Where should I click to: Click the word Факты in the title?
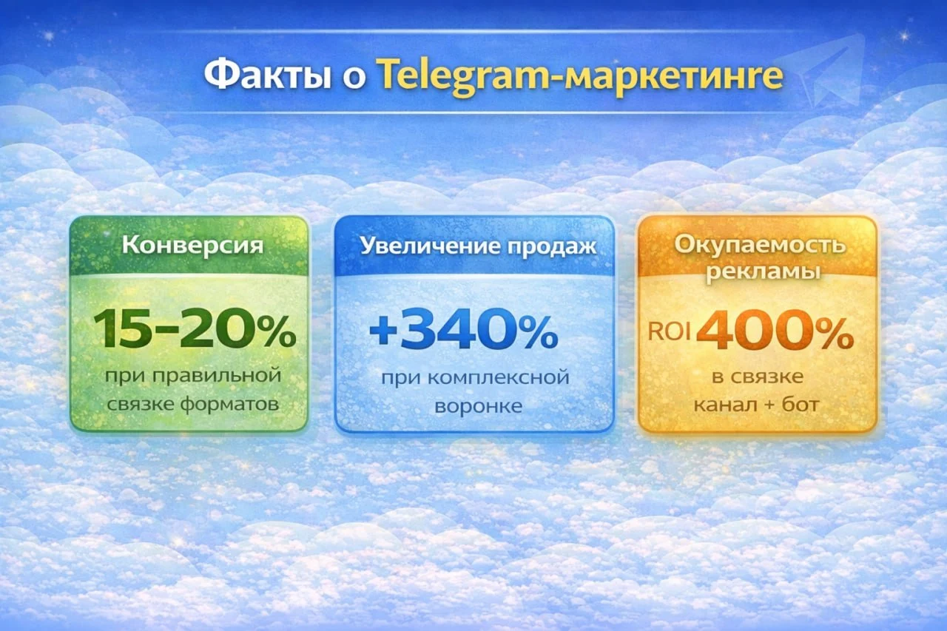click(266, 76)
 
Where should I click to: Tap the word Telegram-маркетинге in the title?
click(579, 77)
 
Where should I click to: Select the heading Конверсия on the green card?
click(192, 245)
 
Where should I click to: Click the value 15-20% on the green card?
click(195, 331)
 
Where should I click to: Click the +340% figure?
click(462, 332)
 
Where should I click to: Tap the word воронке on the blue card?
click(473, 406)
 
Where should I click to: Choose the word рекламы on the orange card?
click(762, 271)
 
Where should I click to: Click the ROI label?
click(669, 332)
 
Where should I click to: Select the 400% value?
click(775, 332)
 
